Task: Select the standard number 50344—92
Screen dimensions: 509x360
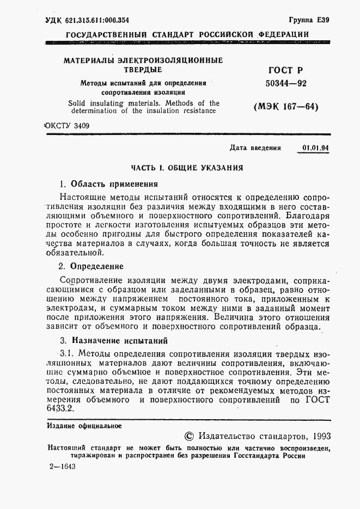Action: click(285, 84)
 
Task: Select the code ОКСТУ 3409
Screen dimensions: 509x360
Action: click(66, 126)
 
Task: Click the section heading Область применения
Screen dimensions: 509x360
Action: click(114, 183)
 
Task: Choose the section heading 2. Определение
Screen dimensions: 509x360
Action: click(91, 266)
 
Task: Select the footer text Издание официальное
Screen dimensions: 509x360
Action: click(84, 426)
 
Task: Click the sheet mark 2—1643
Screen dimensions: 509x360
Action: click(62, 468)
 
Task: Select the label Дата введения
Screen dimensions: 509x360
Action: click(255, 148)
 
